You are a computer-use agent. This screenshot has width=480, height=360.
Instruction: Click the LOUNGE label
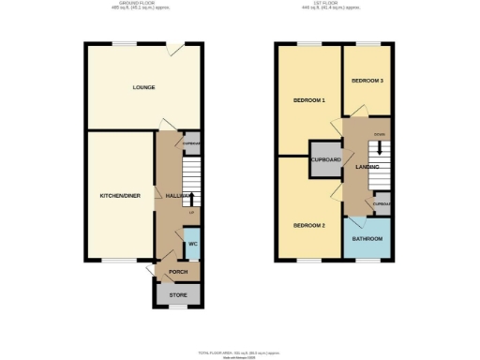143,87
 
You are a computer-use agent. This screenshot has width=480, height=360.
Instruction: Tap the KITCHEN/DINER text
120,196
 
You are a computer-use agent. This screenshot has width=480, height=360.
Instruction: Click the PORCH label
178,273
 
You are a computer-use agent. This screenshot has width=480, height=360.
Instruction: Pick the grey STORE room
178,295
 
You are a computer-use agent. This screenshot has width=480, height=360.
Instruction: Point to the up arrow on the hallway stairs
192,198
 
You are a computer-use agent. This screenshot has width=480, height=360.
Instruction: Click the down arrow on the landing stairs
380,147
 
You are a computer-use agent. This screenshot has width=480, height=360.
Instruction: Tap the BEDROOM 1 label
308,100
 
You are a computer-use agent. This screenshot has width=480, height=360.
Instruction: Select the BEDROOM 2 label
308,226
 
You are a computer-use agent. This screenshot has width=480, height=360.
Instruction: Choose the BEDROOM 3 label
367,82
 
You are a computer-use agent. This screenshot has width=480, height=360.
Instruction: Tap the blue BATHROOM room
367,239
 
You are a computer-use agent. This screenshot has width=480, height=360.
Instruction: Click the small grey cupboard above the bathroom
382,203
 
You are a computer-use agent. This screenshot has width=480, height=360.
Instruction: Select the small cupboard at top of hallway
191,143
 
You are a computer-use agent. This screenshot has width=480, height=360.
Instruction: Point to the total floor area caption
238,352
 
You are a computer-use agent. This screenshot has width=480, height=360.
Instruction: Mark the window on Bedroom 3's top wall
367,43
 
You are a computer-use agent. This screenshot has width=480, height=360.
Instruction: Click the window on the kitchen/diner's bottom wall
117,262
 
